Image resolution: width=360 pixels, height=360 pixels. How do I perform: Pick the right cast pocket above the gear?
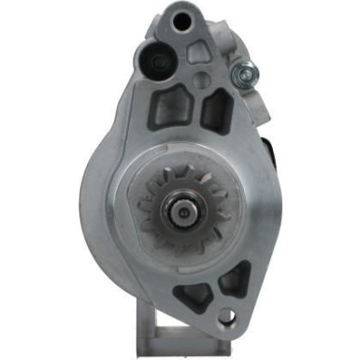216,110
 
